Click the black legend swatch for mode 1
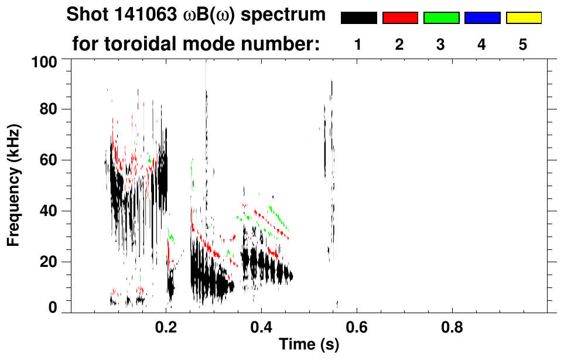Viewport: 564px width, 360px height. tap(358, 18)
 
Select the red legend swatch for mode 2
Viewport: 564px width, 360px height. tap(400, 18)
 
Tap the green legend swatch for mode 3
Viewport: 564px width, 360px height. tap(441, 18)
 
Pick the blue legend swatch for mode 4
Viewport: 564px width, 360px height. tap(482, 18)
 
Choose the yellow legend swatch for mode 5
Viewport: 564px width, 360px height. tap(523, 18)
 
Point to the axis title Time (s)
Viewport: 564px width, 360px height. tap(309, 345)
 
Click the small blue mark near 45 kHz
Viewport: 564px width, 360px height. tap(273, 197)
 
